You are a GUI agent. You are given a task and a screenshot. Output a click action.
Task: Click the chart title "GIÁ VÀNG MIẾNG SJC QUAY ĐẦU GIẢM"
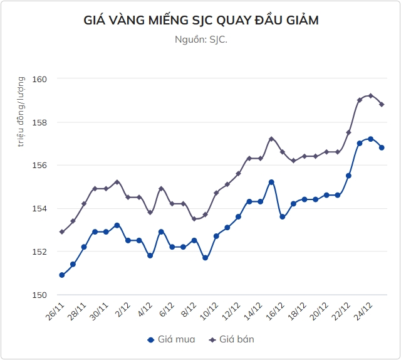click(200, 21)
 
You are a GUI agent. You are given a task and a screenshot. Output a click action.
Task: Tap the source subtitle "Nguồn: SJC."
click(200, 40)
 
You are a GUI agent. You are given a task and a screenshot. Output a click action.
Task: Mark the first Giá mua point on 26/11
click(62, 275)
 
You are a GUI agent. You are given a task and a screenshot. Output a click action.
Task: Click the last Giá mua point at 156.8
click(382, 147)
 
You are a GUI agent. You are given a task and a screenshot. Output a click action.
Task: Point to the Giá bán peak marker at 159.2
click(371, 96)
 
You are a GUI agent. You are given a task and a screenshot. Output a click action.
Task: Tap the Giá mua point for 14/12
click(271, 182)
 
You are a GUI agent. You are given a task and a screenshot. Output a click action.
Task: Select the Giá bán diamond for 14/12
click(271, 139)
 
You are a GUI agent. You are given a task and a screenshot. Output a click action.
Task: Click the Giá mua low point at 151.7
click(205, 258)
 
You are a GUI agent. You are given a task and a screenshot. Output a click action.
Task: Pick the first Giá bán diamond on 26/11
click(62, 232)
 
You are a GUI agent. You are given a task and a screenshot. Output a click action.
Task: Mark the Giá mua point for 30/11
click(117, 225)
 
